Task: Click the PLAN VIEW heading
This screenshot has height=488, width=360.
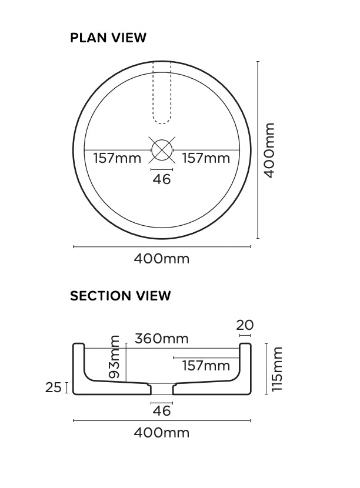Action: pyautogui.click(x=108, y=38)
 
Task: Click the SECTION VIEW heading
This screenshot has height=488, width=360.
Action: pyautogui.click(x=121, y=296)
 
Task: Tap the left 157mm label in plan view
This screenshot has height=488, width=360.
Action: pyautogui.click(x=117, y=158)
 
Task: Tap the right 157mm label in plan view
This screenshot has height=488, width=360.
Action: pyautogui.click(x=206, y=158)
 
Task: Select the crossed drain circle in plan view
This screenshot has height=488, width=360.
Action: pyautogui.click(x=162, y=150)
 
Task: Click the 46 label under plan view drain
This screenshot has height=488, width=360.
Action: pyautogui.click(x=162, y=179)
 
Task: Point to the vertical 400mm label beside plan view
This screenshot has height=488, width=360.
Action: pyautogui.click(x=268, y=151)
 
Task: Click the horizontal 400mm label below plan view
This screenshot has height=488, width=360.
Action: pyautogui.click(x=162, y=259)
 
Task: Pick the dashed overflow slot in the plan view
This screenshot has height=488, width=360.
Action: pyautogui.click(x=162, y=94)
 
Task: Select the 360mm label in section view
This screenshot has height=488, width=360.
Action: pyautogui.click(x=162, y=339)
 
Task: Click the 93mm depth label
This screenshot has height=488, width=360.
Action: pyautogui.click(x=115, y=357)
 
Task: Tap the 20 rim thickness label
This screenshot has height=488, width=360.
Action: pyautogui.click(x=245, y=325)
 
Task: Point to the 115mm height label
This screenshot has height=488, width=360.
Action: pyautogui.click(x=277, y=369)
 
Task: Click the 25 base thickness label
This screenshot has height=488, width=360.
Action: pyautogui.click(x=54, y=387)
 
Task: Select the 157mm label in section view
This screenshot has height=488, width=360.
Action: pyautogui.click(x=206, y=366)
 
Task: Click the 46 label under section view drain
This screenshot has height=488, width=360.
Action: pyautogui.click(x=162, y=410)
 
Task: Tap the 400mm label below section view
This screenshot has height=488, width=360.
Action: pyautogui.click(x=162, y=433)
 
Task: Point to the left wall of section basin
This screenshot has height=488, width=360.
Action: pyautogui.click(x=79, y=367)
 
